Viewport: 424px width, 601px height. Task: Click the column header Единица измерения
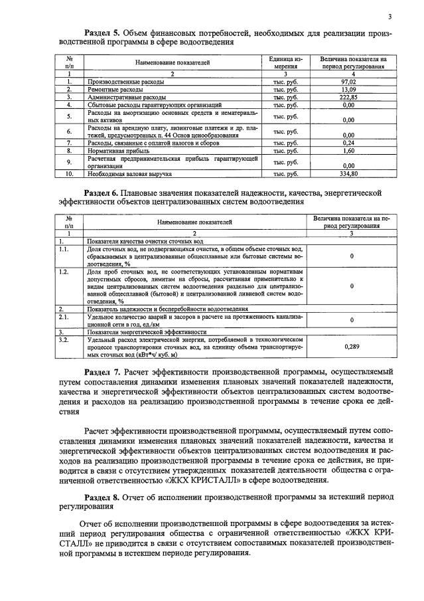tap(284, 63)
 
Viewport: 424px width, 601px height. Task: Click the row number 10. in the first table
tap(69, 173)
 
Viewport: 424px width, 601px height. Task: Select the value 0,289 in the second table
tap(353, 346)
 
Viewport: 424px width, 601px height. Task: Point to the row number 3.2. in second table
tap(64, 339)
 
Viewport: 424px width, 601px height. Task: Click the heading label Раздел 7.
tap(104, 371)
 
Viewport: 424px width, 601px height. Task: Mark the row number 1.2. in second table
tap(64, 272)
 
